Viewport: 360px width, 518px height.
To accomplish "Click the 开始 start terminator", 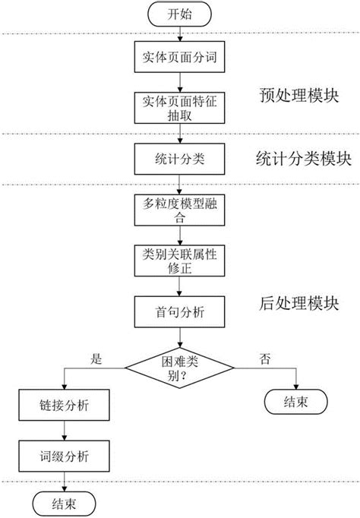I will pyautogui.click(x=179, y=13).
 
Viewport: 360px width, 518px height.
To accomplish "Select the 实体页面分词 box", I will pyautogui.click(x=179, y=56).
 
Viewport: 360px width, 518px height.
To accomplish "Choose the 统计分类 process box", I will pyautogui.click(x=179, y=160).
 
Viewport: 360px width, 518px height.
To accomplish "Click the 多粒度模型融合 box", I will pyautogui.click(x=179, y=209).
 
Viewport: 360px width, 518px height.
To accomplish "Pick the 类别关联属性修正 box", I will pyautogui.click(x=179, y=259).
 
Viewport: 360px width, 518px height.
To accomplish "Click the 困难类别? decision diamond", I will pyautogui.click(x=180, y=368).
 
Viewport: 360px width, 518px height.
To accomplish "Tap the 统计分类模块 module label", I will pyautogui.click(x=303, y=159).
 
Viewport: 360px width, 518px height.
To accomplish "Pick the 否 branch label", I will pyautogui.click(x=264, y=356).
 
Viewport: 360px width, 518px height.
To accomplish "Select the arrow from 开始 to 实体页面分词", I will pyautogui.click(x=179, y=32).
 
